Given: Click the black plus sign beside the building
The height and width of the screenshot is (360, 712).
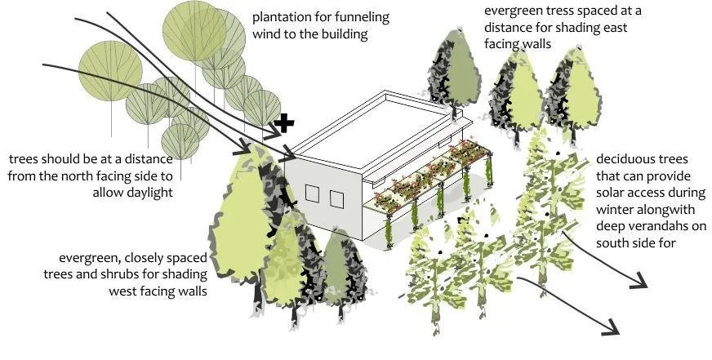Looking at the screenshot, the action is pos(284,123).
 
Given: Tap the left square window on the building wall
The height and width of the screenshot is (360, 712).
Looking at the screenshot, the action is pos(313,193).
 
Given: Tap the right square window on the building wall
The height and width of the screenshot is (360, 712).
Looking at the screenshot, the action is pos(336,199).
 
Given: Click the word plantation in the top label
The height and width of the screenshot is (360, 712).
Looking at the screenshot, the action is pos(281,18).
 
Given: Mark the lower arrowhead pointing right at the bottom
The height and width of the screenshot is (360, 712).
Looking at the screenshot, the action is pos(612,327).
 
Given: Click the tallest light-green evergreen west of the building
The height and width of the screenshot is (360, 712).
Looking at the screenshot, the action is pos(247,213).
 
